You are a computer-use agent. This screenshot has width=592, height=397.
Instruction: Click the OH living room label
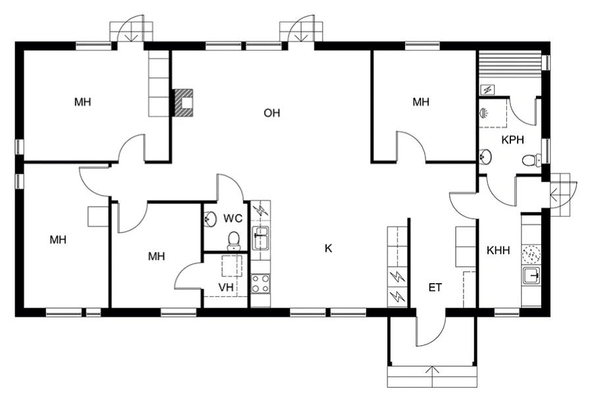[272, 113]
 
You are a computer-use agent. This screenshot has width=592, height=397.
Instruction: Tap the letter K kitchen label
[328, 248]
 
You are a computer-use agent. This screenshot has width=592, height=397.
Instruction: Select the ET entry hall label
[435, 287]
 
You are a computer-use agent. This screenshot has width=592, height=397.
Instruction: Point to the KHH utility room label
[498, 251]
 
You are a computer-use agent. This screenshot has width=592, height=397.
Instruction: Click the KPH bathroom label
[512, 140]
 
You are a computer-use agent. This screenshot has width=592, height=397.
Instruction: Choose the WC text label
[232, 218]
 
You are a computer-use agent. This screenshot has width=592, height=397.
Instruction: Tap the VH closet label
[226, 287]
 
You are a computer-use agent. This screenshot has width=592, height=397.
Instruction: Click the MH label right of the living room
[421, 102]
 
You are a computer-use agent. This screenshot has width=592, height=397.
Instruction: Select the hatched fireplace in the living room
[182, 103]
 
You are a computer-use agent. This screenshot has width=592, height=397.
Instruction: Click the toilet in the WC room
[233, 240]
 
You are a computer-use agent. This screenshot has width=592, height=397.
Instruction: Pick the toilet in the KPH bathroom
[531, 159]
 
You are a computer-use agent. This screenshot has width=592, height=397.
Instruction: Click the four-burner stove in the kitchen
[260, 284]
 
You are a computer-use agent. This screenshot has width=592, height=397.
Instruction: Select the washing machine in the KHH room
[530, 253]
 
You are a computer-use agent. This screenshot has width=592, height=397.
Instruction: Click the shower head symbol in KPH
[485, 113]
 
